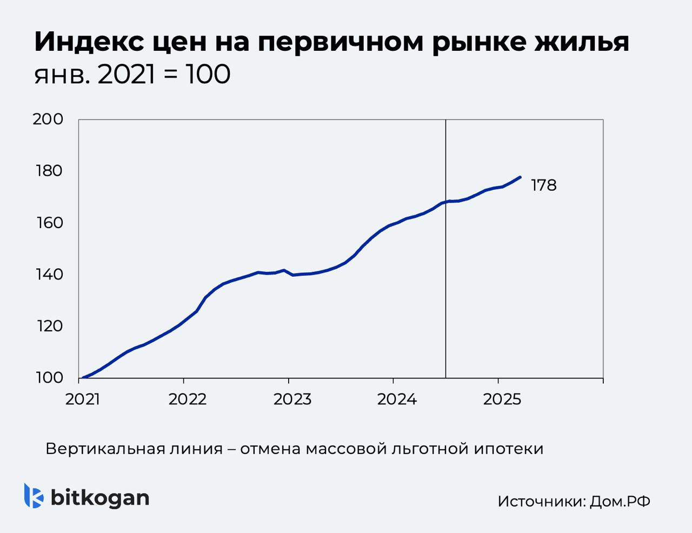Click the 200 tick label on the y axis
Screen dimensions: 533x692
click(x=48, y=119)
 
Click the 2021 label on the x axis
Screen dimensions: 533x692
click(x=83, y=399)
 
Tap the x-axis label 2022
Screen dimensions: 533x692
click(x=188, y=399)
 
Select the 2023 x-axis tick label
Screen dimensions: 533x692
click(x=292, y=399)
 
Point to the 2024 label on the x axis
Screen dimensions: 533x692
click(x=397, y=399)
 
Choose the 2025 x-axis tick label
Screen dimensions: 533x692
click(x=502, y=399)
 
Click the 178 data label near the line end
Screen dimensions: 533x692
click(x=543, y=185)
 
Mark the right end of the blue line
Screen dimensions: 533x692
click(x=520, y=177)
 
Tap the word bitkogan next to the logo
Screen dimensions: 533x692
click(x=100, y=497)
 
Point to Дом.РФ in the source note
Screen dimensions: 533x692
click(x=620, y=501)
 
